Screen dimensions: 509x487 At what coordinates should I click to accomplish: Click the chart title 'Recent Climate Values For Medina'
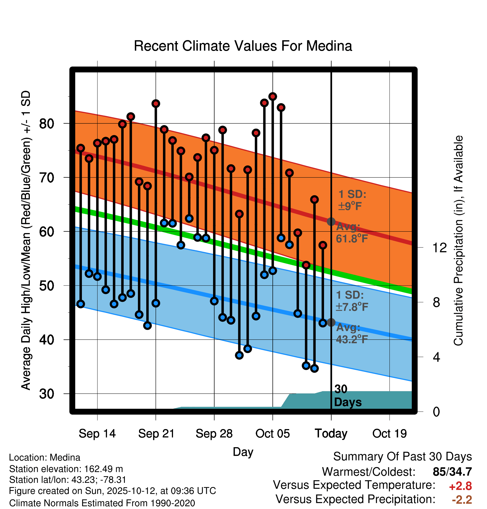[243, 46]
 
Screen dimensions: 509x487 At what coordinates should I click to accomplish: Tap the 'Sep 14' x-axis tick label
[97, 434]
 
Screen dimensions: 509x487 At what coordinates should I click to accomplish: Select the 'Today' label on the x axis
[331, 434]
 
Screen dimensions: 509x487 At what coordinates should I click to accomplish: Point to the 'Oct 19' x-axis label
[389, 434]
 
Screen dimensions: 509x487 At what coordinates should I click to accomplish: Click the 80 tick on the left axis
[47, 123]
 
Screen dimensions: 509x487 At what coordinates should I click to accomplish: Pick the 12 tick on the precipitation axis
[439, 248]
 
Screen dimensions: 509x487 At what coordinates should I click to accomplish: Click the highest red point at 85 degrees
[272, 97]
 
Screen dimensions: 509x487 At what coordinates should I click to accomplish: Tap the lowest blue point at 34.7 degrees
[314, 368]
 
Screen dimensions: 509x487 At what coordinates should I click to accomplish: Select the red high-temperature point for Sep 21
[156, 104]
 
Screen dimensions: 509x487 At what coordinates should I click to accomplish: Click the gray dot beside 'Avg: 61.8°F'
[331, 222]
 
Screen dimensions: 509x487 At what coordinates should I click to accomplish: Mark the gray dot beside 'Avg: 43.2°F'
[331, 322]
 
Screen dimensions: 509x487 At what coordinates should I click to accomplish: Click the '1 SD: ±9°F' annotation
[352, 200]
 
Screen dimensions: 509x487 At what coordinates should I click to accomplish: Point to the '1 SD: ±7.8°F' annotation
[352, 301]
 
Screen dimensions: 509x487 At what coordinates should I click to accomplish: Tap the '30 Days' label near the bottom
[347, 396]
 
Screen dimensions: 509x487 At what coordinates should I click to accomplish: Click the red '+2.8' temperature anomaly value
[460, 486]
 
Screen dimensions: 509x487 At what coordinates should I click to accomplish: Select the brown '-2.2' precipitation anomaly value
[462, 500]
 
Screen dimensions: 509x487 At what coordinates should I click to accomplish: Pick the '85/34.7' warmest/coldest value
[452, 472]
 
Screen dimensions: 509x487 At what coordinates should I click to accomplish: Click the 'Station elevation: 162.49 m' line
[66, 469]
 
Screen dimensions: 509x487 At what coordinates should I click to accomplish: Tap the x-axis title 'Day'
[243, 452]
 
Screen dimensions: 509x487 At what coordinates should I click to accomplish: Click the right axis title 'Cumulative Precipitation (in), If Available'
[458, 241]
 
